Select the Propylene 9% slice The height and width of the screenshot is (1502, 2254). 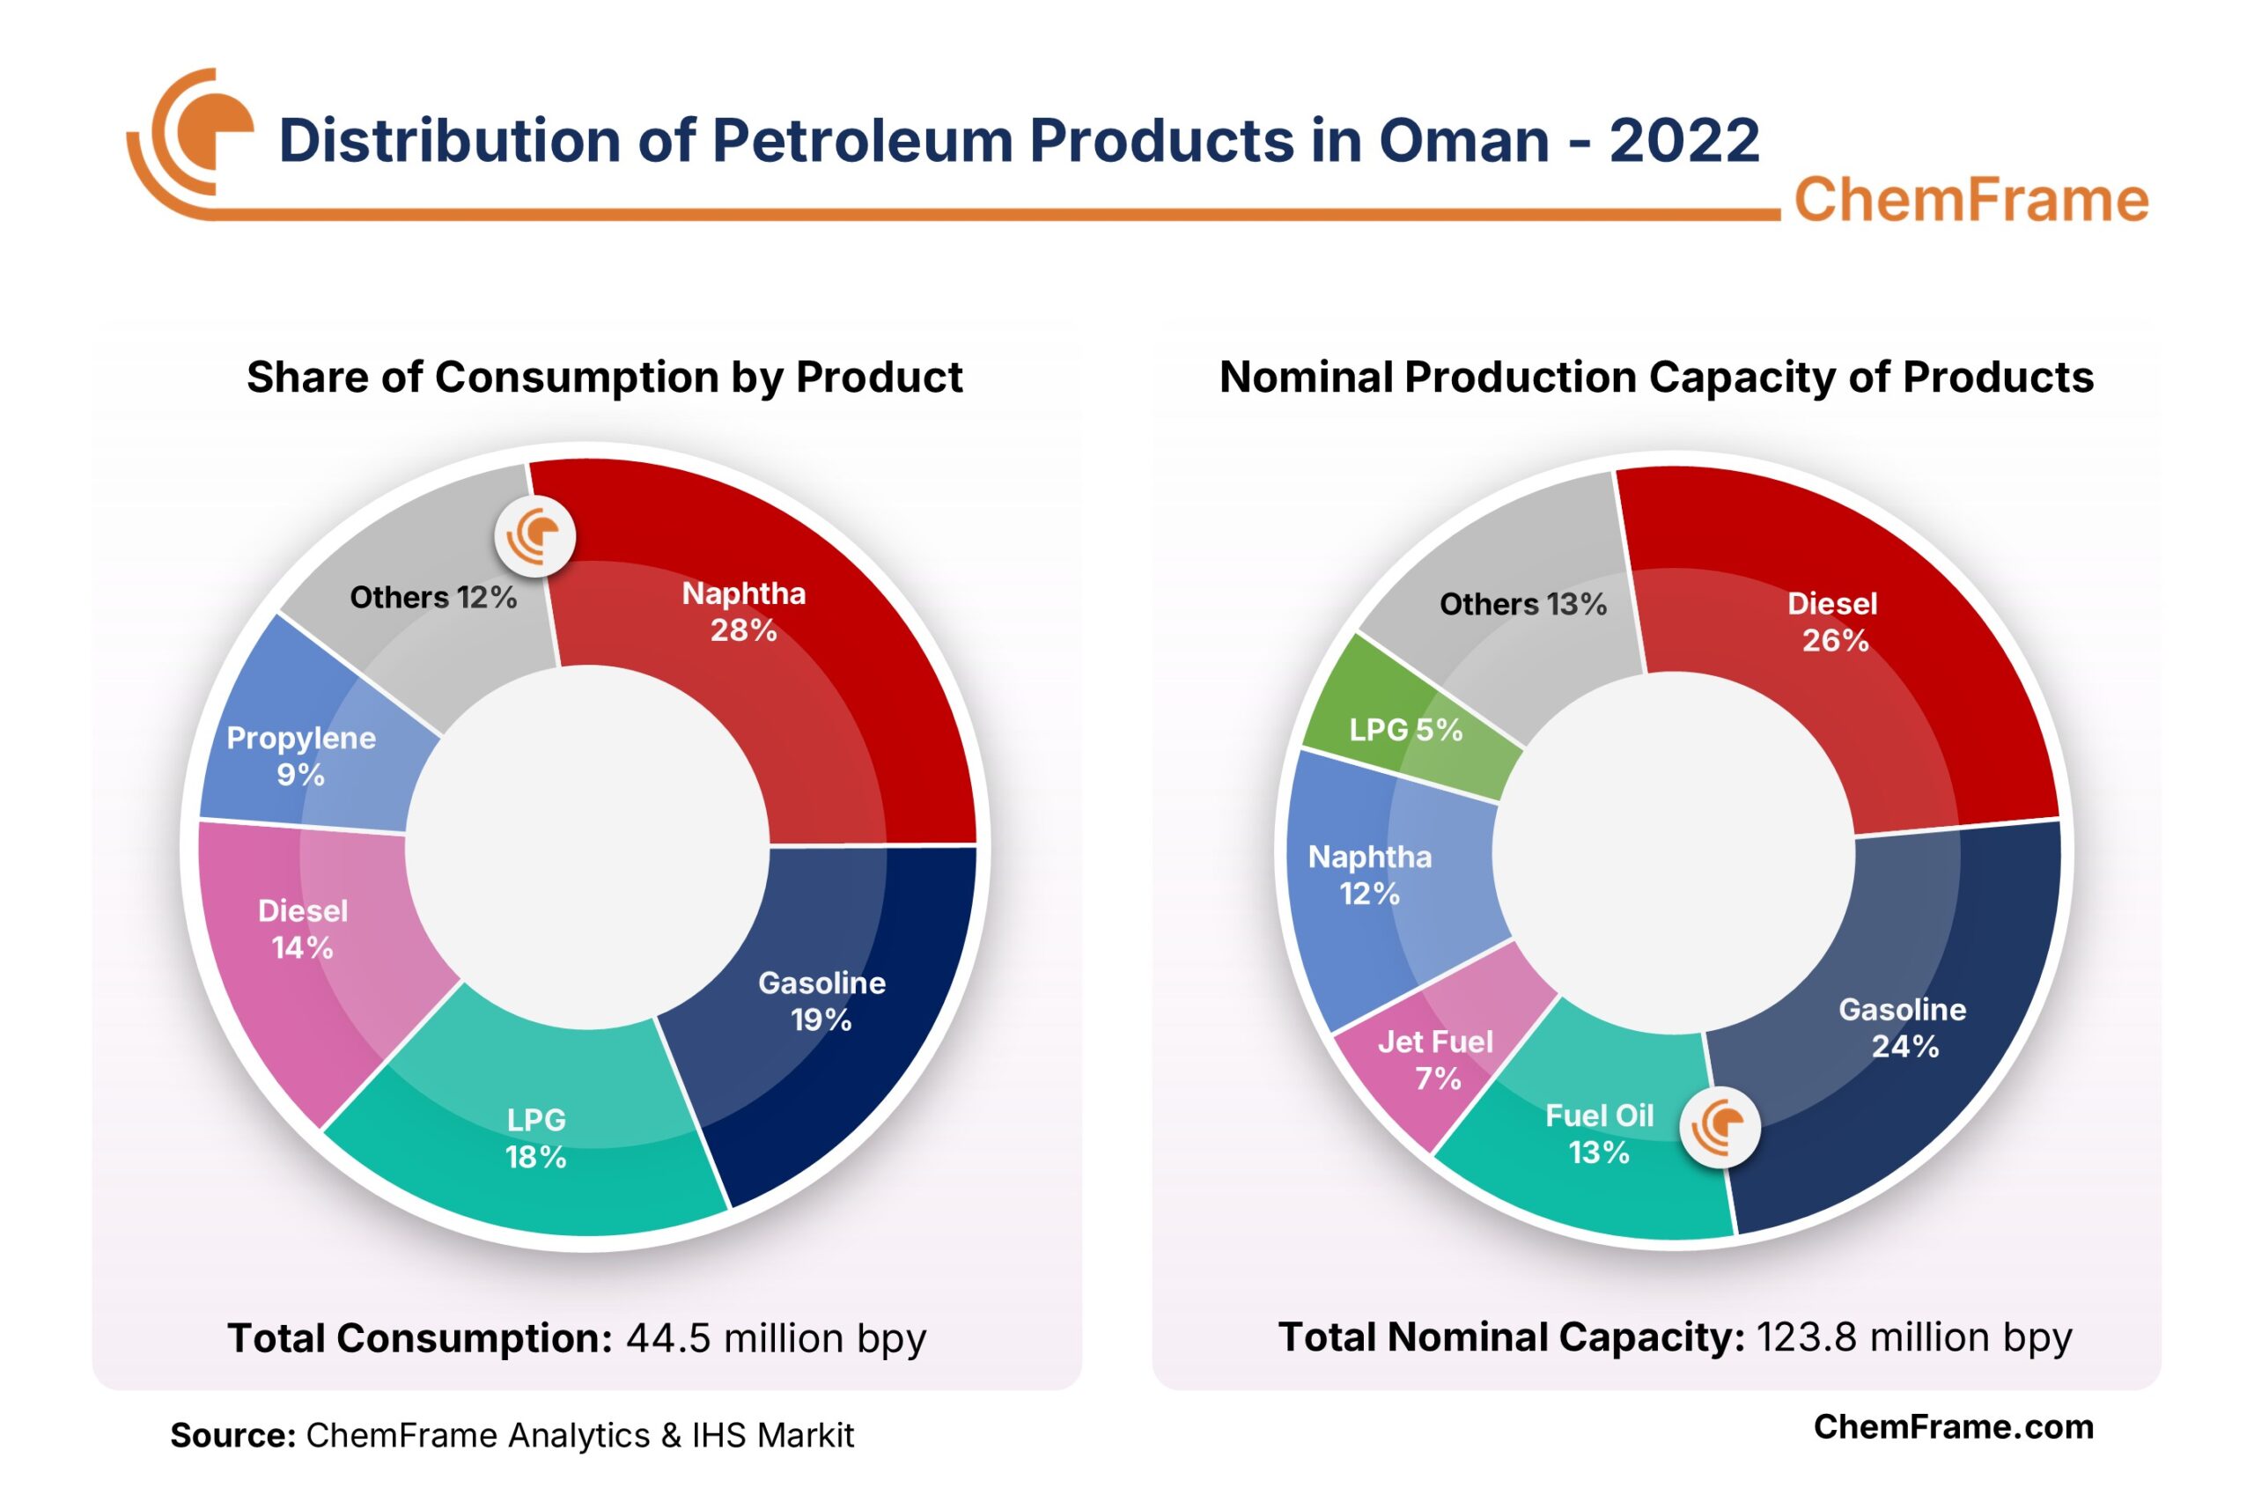click(306, 757)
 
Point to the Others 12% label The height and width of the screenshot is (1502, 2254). click(433, 598)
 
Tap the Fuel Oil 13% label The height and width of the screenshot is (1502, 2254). click(1599, 1133)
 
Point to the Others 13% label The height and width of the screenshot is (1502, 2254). click(1522, 605)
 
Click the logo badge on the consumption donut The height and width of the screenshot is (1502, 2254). click(534, 536)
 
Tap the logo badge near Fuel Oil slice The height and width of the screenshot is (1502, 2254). click(1720, 1128)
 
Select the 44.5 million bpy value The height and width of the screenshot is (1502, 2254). click(776, 1338)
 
